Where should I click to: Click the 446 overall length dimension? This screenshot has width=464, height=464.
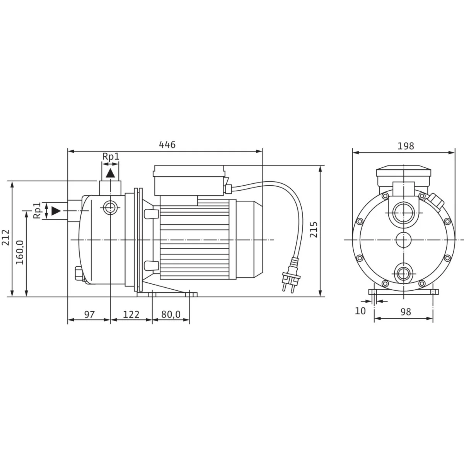click(x=167, y=145)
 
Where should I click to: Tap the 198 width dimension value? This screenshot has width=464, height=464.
click(x=406, y=146)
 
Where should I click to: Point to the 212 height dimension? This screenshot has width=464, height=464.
click(x=5, y=237)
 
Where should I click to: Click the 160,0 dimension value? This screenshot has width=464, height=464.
click(x=20, y=252)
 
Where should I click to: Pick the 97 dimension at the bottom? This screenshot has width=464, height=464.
click(x=89, y=314)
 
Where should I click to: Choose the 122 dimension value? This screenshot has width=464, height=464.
click(x=131, y=314)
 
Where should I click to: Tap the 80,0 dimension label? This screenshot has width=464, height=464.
click(x=171, y=314)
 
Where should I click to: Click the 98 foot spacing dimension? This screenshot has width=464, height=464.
click(x=406, y=312)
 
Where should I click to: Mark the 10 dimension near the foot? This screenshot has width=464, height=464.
click(x=360, y=311)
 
